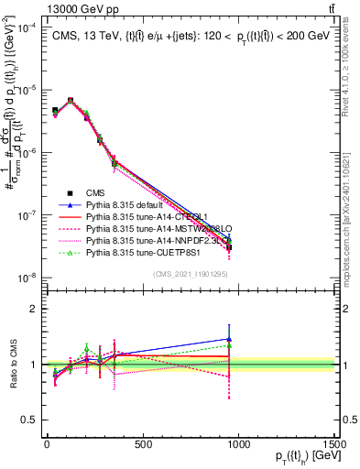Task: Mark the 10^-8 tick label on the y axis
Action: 26,277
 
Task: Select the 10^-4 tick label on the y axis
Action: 26,28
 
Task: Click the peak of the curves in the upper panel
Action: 71,100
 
